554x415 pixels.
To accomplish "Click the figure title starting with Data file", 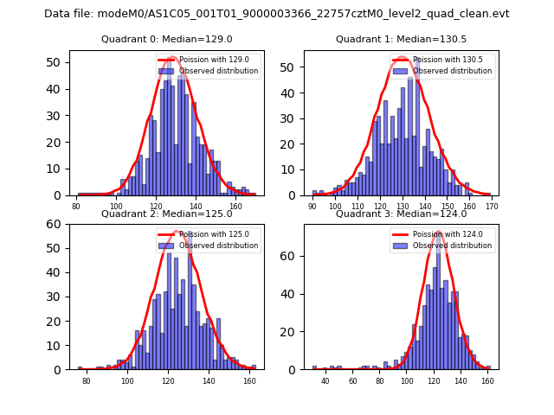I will [x=277, y=14].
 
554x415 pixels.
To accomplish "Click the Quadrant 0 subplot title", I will [x=167, y=39].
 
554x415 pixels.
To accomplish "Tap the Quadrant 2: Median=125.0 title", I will [x=167, y=214].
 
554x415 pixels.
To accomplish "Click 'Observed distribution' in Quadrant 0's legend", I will [x=218, y=71].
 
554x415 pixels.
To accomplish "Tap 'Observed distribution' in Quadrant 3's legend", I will [x=454, y=245].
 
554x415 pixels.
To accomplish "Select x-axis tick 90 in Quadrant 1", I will [x=312, y=206].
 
